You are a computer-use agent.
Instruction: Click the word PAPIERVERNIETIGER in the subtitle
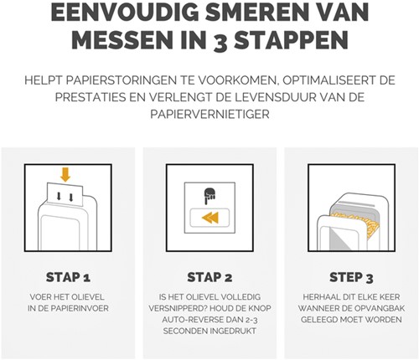click(209, 116)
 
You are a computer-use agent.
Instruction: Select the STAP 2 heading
click(209, 276)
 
